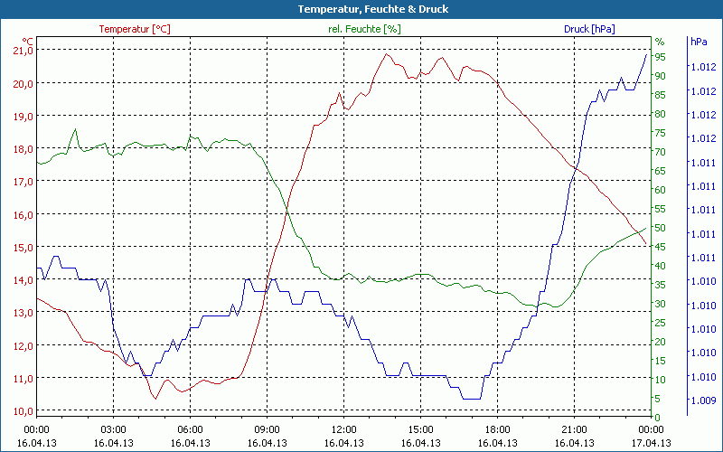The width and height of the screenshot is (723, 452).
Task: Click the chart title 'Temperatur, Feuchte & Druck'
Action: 361,9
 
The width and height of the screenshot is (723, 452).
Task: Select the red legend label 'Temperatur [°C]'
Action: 135,29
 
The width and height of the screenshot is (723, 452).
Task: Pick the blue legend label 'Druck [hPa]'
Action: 589,29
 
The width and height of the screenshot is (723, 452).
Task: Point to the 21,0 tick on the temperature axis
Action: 21,51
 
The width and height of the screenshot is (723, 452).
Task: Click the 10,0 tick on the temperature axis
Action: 21,410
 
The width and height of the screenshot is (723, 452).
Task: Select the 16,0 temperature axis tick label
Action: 21,214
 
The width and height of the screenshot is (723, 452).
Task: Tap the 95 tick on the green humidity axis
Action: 661,57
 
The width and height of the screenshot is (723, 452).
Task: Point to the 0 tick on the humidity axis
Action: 658,417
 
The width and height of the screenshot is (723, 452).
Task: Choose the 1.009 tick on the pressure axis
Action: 703,400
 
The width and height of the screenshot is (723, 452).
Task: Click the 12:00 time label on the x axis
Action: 343,429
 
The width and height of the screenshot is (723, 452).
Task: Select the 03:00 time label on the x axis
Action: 113,429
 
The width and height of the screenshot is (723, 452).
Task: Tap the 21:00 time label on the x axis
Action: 574,429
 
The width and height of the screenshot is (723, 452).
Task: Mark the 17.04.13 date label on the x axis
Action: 651,443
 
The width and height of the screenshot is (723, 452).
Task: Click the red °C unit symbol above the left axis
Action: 27,42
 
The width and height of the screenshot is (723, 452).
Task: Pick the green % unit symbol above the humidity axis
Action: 660,42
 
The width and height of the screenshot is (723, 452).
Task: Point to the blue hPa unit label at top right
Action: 699,42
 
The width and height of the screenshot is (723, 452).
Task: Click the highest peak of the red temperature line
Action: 388,53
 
